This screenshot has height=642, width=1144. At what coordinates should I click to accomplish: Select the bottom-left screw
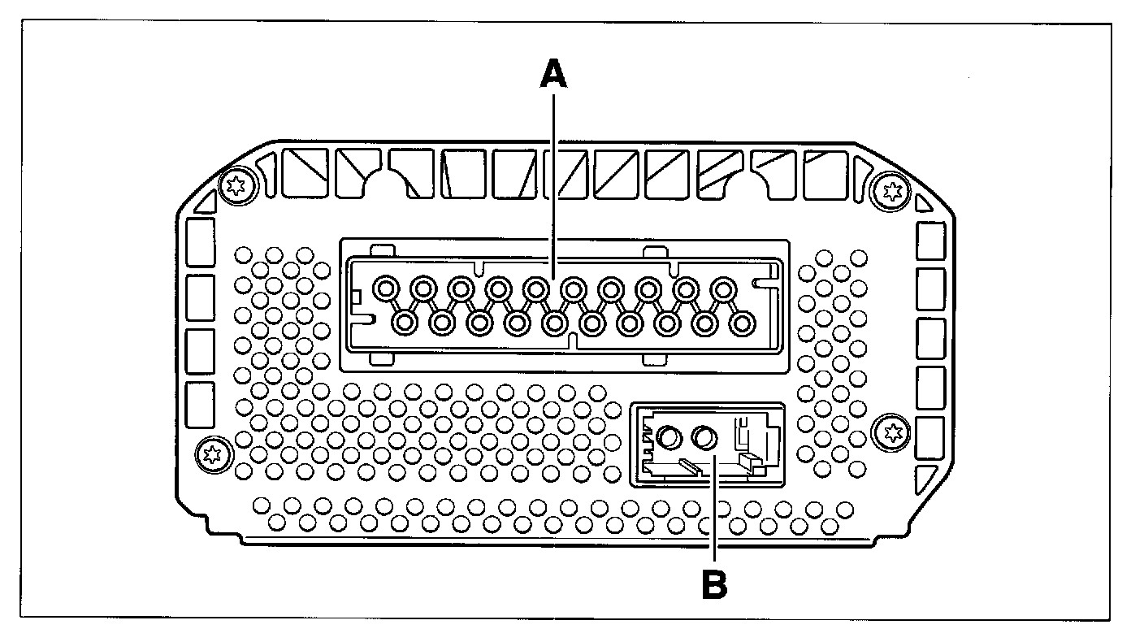213,453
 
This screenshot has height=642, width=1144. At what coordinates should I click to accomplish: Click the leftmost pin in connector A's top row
385,288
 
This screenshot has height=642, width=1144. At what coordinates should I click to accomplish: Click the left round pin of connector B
669,439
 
